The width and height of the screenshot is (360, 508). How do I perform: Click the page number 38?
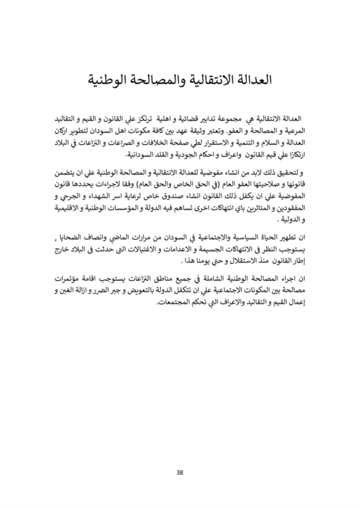tap(180, 472)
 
